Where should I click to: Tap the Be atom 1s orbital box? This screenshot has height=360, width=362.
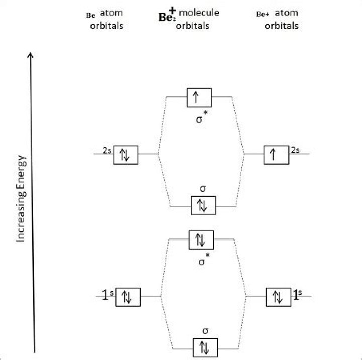click(128, 297)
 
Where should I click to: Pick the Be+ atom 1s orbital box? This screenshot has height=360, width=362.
click(278, 297)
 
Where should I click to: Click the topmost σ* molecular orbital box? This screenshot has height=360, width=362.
click(199, 97)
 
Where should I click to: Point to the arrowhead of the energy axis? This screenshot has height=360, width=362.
click(33, 54)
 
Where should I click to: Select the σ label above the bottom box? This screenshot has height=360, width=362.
click(204, 331)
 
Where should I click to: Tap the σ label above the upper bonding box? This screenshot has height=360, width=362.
click(202, 189)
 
